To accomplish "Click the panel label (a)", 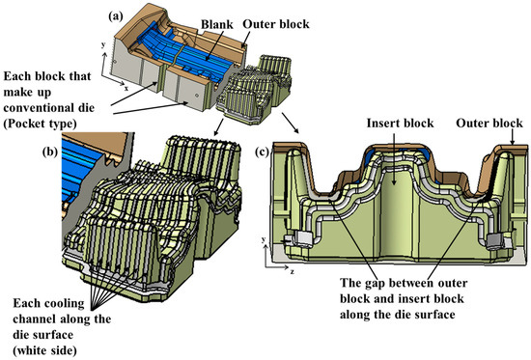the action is click(116, 16).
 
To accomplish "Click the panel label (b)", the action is click(50, 152).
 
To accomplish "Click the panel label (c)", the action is click(262, 152).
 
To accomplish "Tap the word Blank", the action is click(217, 24).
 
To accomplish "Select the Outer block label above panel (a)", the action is click(276, 24).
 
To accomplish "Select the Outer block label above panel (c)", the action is click(489, 123).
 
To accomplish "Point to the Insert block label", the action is click(400, 123).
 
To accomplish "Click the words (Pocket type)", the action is click(40, 124).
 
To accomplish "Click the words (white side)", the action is click(44, 350).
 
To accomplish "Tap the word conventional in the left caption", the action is click(49, 108).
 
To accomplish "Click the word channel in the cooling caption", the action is click(35, 318).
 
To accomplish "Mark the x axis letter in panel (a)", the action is click(126, 89).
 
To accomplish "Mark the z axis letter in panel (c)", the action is click(292, 271).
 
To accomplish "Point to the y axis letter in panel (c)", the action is click(264, 239).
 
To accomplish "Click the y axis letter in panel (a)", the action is click(103, 44).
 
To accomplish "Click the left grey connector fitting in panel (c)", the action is click(299, 237).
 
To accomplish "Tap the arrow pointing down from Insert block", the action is click(394, 158).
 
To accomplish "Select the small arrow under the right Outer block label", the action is click(512, 137).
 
